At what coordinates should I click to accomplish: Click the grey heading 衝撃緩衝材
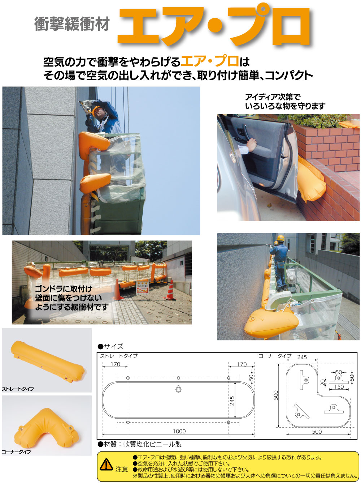point(72,24)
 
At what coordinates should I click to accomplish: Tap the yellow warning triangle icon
point(106,464)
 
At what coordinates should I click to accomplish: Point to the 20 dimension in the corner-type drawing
point(322,382)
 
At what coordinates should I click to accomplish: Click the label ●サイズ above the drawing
point(110,347)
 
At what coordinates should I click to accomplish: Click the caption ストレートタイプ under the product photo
point(18,389)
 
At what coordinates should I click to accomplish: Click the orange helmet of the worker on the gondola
point(96,111)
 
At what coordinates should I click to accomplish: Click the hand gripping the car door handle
point(251,145)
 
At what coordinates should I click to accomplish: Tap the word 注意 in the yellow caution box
point(122,469)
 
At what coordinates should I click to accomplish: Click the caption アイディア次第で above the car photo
point(272,97)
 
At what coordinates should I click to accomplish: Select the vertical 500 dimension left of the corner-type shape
point(276,395)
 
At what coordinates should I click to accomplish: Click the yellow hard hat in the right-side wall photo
point(280,238)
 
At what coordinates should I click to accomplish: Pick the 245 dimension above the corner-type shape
point(302,357)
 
